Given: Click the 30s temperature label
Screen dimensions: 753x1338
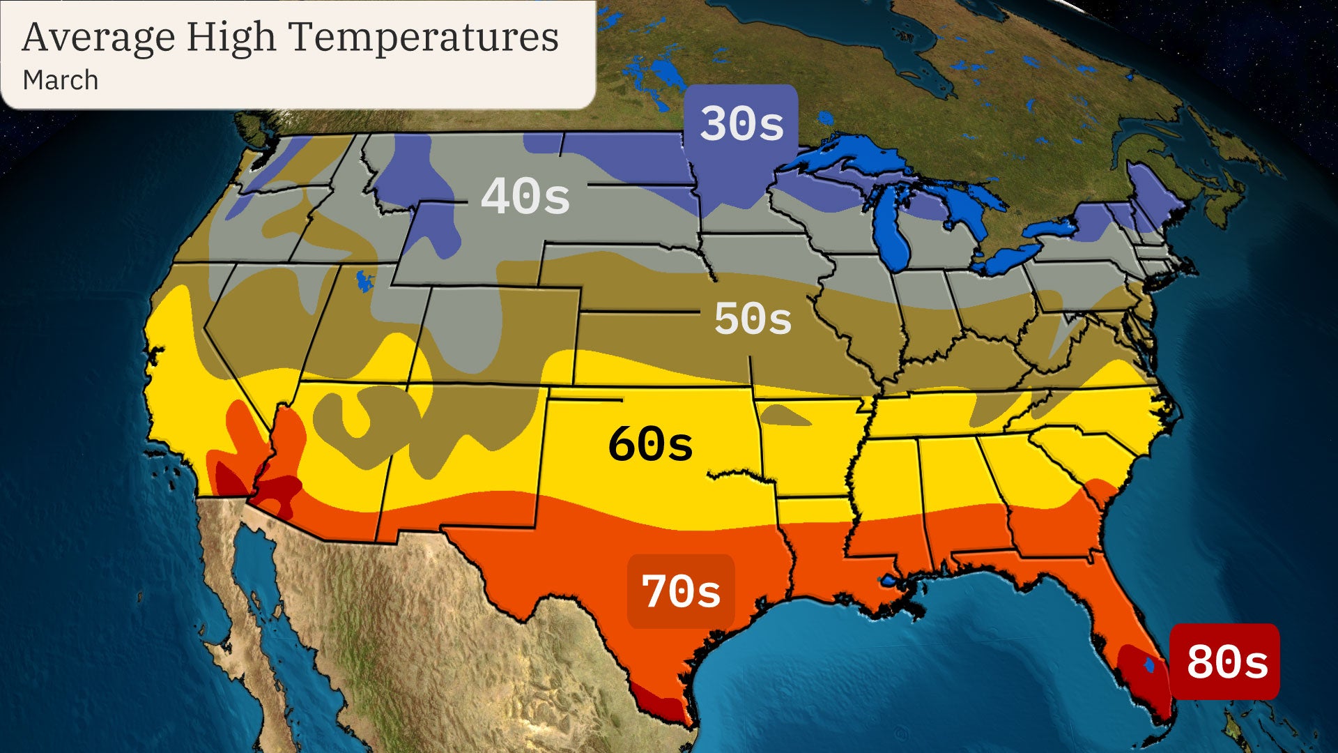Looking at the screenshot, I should (741, 124).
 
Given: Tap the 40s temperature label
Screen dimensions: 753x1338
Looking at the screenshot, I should (525, 197).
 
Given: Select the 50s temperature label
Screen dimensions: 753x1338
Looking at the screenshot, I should (753, 319).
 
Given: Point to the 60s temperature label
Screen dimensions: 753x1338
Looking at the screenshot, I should (650, 444).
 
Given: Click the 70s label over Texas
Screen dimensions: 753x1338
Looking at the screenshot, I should (681, 591).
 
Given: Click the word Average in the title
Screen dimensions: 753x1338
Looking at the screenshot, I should (98, 38).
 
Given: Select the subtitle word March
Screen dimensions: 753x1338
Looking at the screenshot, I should (61, 80).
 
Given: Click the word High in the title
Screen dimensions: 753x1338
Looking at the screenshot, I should (231, 38).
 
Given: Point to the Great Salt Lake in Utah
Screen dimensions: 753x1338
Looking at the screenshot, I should (364, 281).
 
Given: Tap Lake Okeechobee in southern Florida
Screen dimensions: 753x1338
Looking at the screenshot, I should (1149, 665).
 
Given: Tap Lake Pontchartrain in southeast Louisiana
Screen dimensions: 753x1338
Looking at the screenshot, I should (889, 580).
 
